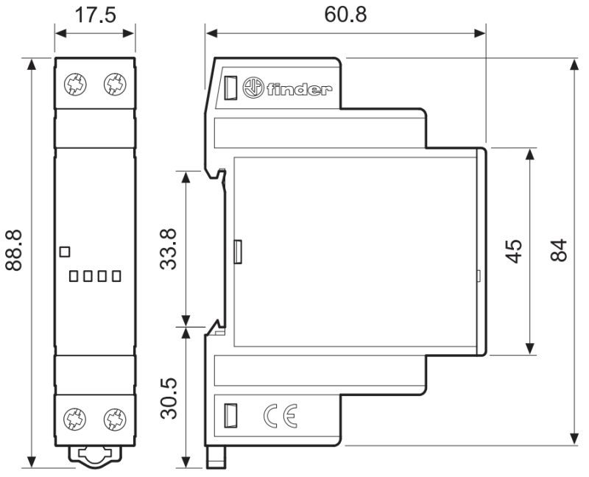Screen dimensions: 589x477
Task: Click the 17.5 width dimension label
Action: pos(96,15)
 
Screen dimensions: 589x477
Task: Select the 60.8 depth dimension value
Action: pos(345,15)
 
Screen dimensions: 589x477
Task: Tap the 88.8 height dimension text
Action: pos(14,250)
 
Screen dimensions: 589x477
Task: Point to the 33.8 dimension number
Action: pos(168,249)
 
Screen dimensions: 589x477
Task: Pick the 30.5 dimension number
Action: pos(168,398)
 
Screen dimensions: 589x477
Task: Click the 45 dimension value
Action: pos(513,251)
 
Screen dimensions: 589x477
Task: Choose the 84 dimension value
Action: pos(559,250)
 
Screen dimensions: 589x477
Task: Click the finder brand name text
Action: pos(300,88)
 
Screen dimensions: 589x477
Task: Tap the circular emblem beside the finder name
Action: pos(253,88)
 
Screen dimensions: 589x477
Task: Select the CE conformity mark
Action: pos(281,416)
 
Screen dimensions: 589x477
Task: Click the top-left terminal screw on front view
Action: pos(75,85)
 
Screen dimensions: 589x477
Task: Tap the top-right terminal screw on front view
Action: pos(115,85)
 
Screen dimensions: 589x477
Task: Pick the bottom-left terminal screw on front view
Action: pos(75,420)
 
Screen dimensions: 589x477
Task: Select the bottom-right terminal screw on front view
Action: pos(115,420)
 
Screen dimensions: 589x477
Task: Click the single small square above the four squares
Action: pos(65,252)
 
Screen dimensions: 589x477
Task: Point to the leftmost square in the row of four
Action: pos(74,277)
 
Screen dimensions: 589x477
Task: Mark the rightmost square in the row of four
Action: pos(116,277)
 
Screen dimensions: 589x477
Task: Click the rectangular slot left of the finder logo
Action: pos(230,88)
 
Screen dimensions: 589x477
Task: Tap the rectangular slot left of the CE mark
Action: pos(230,415)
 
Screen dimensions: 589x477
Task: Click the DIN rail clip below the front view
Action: pos(95,456)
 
